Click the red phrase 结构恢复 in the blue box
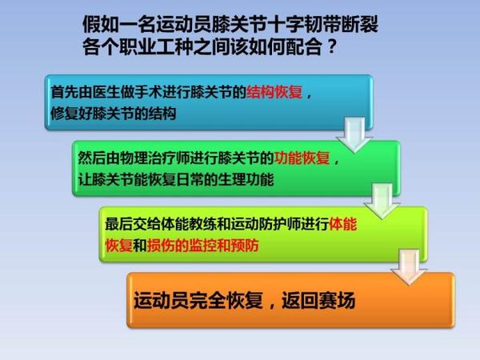[x=274, y=92]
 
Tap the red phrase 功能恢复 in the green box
[x=302, y=158]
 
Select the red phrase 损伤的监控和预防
[x=203, y=246]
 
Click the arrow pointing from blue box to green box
[x=354, y=134]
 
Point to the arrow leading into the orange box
[x=409, y=267]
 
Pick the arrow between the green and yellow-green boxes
[x=382, y=201]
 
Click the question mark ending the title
[x=332, y=47]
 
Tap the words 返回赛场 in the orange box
[x=318, y=300]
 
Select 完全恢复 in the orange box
[x=226, y=300]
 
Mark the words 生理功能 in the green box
[x=246, y=179]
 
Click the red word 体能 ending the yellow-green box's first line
[x=343, y=224]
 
